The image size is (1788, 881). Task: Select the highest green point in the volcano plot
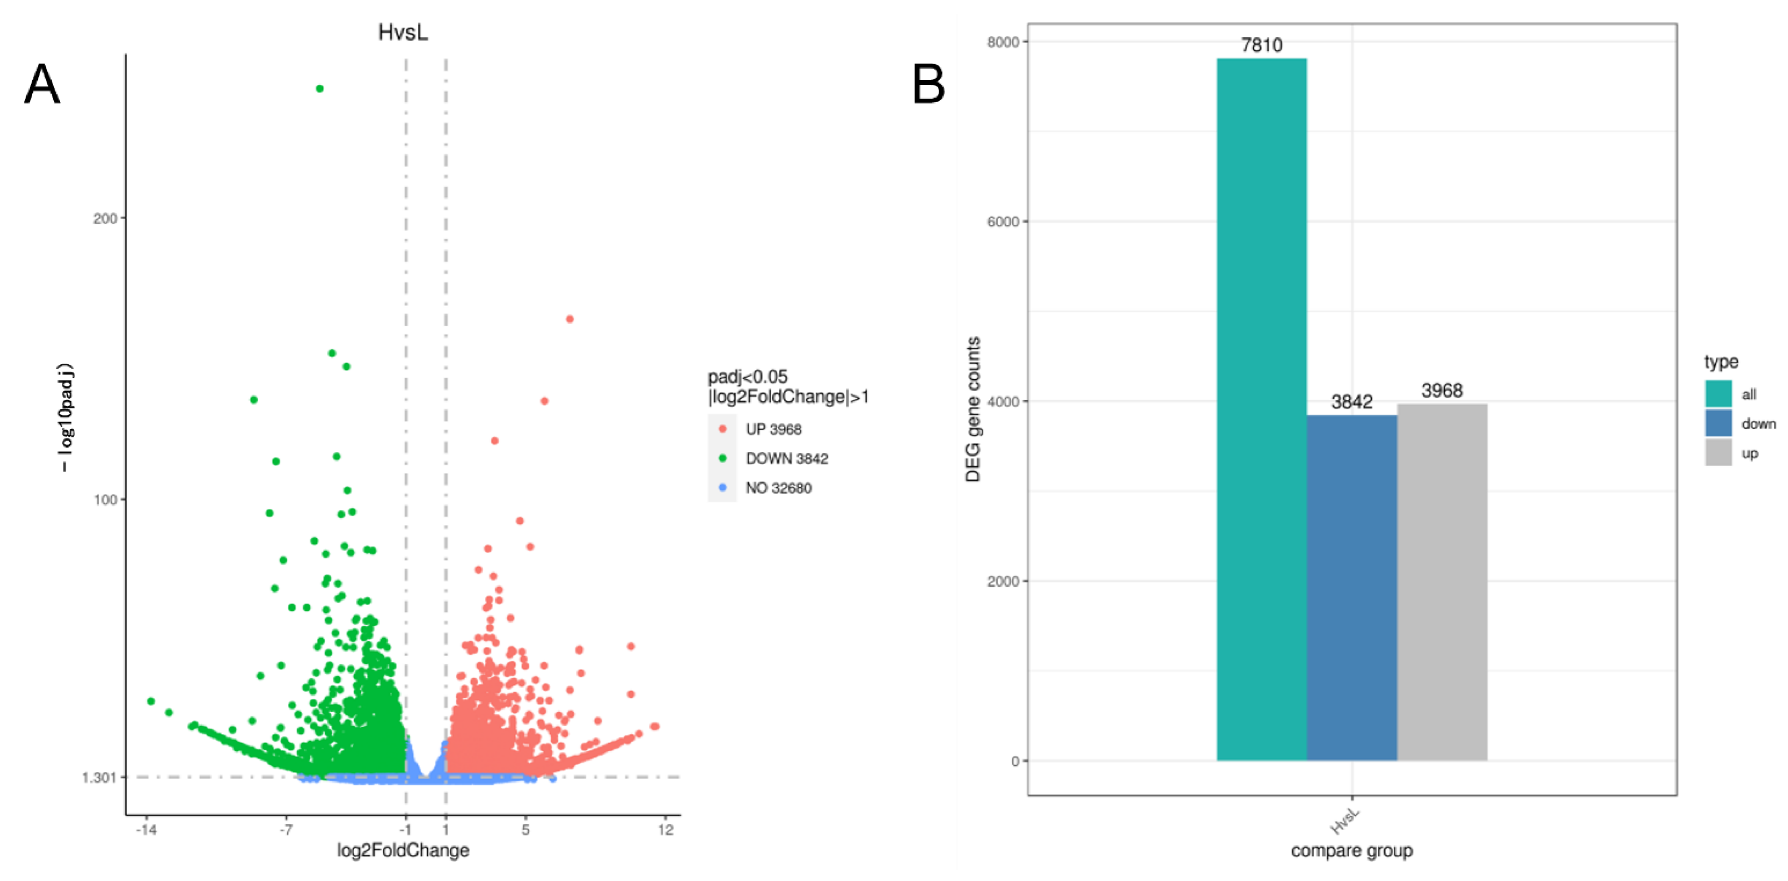point(319,88)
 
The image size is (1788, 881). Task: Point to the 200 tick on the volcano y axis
point(106,218)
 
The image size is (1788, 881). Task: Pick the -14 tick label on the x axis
point(146,830)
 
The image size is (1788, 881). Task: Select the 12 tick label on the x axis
point(666,830)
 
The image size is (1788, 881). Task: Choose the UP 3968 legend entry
point(773,429)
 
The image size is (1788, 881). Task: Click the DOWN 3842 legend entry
point(786,458)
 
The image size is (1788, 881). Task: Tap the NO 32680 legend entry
point(777,488)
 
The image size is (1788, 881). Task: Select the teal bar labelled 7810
point(1261,410)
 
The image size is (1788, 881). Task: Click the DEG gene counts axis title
point(973,410)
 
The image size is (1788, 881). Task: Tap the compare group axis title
point(1352,850)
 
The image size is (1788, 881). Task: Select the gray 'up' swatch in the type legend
point(1718,453)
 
